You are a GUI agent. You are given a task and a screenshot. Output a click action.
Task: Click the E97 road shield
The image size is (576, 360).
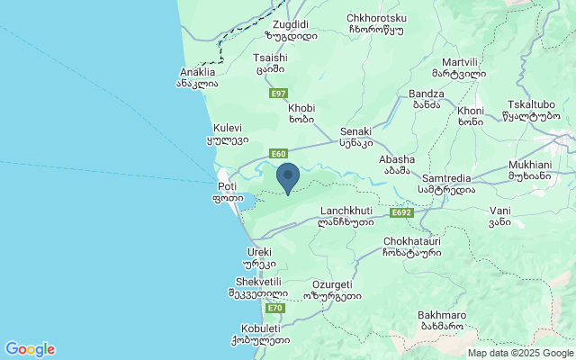(x=277, y=93)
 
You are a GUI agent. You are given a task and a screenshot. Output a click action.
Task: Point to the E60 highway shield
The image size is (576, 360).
(x=277, y=154)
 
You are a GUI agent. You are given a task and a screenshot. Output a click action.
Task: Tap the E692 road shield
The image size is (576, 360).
(x=401, y=213)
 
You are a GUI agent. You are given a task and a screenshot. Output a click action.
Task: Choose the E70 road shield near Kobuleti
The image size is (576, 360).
(x=275, y=308)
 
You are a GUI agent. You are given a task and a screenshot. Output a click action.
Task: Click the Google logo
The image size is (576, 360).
(x=30, y=349)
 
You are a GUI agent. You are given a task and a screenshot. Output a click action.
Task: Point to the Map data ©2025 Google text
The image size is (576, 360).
(x=520, y=353)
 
